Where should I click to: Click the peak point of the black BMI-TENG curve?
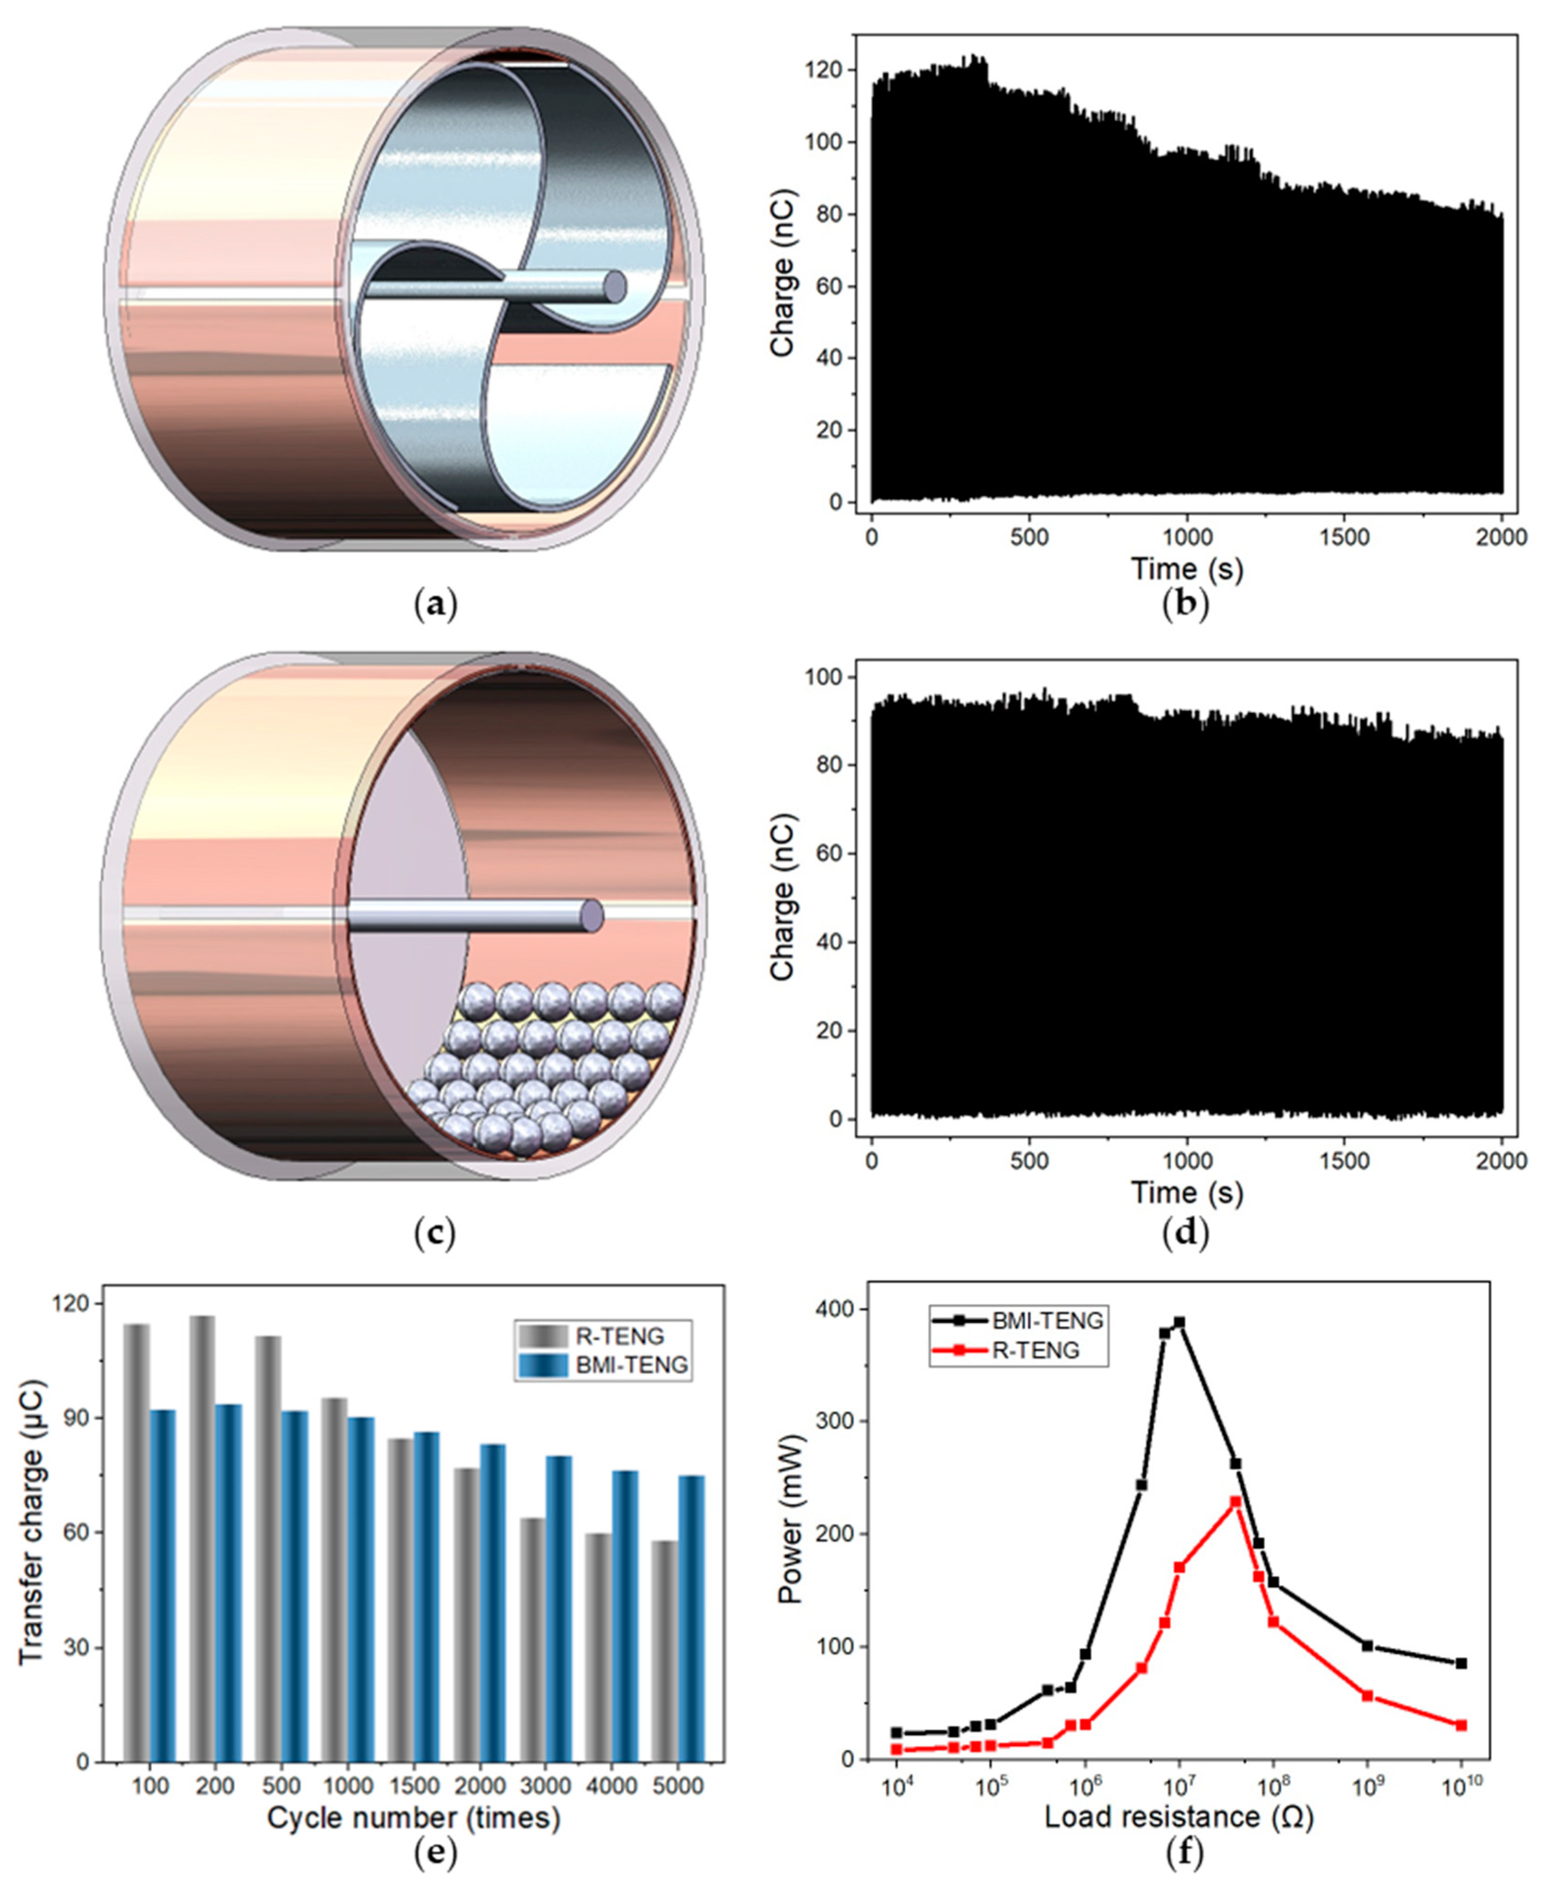click(x=1179, y=1322)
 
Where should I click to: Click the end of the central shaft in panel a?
click(x=615, y=286)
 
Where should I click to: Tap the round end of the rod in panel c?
click(x=592, y=915)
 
